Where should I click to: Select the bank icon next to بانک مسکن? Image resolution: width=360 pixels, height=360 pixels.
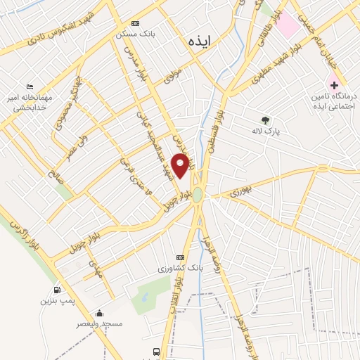point(136,22)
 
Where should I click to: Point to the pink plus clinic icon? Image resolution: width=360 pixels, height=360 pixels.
point(334,84)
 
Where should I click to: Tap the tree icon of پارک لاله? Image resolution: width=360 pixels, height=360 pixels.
point(265,120)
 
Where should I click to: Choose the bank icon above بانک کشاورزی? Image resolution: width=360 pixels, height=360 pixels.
point(179,257)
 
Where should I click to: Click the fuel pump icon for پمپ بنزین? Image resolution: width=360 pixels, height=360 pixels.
point(56,290)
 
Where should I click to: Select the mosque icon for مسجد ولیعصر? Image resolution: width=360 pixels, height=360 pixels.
point(100,314)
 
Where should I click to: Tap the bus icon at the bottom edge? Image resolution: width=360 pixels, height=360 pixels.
point(155,352)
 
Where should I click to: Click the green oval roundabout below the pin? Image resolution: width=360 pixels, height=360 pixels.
point(198,194)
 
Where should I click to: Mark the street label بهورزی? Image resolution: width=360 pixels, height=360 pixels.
point(239,188)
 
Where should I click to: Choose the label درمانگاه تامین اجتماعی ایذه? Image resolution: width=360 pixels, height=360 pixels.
point(334,101)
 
